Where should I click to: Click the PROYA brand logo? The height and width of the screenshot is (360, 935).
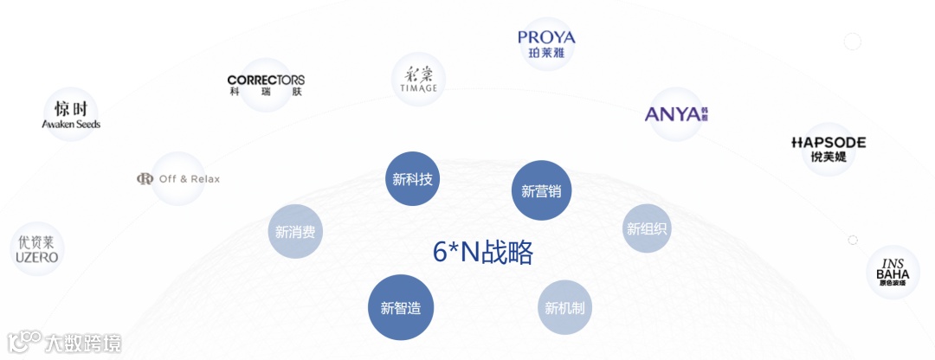click(546, 37)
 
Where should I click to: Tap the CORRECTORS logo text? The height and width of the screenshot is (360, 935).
click(266, 80)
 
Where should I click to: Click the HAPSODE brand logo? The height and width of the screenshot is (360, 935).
click(829, 142)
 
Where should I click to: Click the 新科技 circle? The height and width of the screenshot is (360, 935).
click(412, 179)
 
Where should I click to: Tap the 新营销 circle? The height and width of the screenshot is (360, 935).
click(541, 190)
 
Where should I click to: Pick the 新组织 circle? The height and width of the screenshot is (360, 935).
click(648, 228)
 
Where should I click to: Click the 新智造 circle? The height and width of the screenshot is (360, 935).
click(401, 307)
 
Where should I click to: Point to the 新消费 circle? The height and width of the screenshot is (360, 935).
click(295, 232)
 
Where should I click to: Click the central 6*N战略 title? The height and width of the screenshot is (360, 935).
click(483, 252)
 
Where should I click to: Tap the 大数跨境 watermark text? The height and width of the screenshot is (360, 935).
click(83, 343)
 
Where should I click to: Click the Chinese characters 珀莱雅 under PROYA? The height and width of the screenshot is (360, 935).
click(546, 52)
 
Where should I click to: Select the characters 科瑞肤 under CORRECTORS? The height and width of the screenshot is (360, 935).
click(266, 91)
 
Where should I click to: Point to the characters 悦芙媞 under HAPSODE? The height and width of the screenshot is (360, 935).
click(829, 157)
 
